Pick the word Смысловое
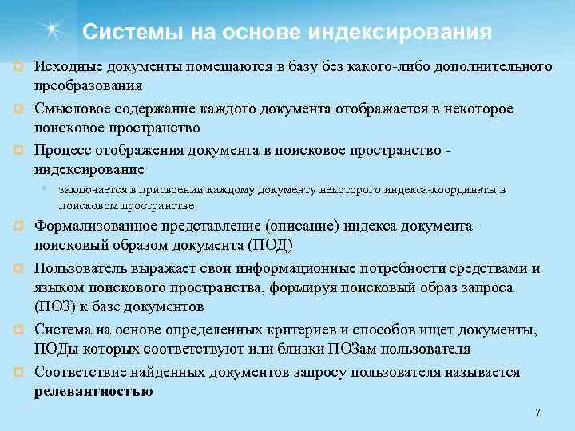pos(71,108)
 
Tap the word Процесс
pos(61,150)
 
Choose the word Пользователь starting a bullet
pos(78,267)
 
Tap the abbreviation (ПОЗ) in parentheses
pos(53,306)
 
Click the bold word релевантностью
pos(93,391)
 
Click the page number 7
pos(537,413)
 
